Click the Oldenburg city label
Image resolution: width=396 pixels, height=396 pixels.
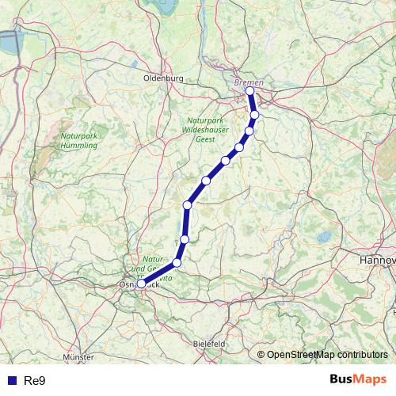click(164, 78)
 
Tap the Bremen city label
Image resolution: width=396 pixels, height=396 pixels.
click(249, 82)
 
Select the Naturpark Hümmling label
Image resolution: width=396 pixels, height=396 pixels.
click(79, 140)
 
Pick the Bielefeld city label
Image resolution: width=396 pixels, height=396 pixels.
click(210, 344)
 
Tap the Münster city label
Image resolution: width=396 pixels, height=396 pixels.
click(77, 357)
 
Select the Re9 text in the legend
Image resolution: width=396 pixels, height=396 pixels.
click(36, 381)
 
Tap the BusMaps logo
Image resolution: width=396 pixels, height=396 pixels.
click(358, 380)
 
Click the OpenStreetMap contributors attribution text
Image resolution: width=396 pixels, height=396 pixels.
click(328, 354)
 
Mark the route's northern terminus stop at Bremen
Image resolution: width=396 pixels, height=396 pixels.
click(250, 91)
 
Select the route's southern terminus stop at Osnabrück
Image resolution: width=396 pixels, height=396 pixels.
click(141, 284)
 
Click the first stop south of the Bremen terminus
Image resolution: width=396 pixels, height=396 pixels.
click(255, 115)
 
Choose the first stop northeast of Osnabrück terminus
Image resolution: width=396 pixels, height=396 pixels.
click(177, 263)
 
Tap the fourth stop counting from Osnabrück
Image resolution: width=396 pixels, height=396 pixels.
click(188, 205)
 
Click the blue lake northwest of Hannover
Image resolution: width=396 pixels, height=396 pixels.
click(324, 237)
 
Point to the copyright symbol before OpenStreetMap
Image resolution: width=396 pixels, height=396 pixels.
click(261, 354)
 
